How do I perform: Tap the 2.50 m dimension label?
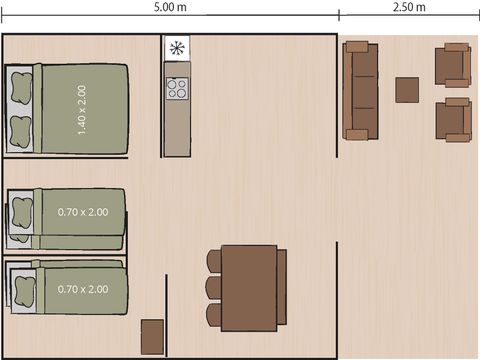(x=410, y=7)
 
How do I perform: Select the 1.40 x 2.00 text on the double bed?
(x=82, y=109)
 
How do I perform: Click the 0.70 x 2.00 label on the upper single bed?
(x=82, y=212)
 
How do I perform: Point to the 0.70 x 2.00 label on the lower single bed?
(x=82, y=289)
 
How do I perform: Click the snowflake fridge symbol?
(x=177, y=49)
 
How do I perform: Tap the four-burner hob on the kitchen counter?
(x=177, y=87)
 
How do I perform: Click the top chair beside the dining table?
(x=214, y=262)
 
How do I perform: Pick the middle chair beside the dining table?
(x=214, y=288)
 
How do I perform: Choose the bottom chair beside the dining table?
(x=214, y=315)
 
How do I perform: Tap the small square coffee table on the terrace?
(x=407, y=90)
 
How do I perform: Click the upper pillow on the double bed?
(x=21, y=89)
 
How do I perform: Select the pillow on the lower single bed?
(x=19, y=288)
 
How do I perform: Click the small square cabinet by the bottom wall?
(x=153, y=336)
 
